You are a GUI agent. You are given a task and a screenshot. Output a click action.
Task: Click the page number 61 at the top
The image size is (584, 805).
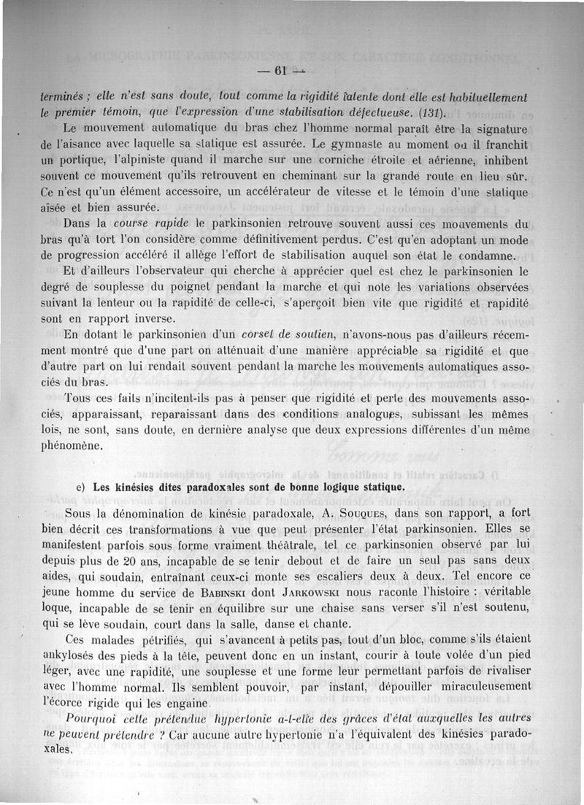pos(277,71)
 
